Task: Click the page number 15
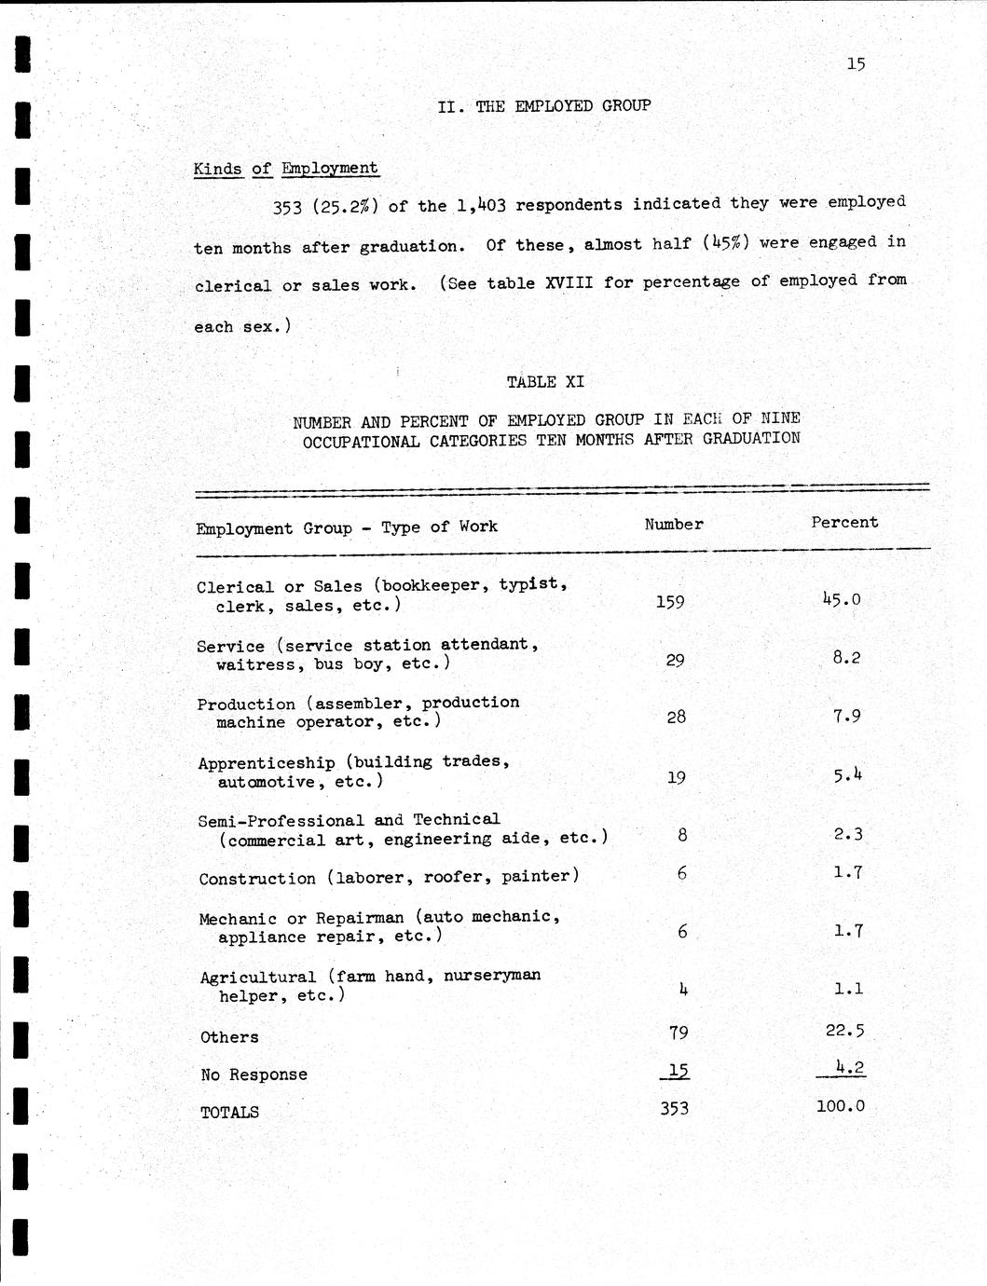pyautogui.click(x=856, y=63)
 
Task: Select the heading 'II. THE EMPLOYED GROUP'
pyautogui.click(x=544, y=105)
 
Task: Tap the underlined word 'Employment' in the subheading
pyautogui.click(x=330, y=169)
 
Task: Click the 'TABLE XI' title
pyautogui.click(x=545, y=382)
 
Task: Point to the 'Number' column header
pyautogui.click(x=674, y=525)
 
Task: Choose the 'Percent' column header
pyautogui.click(x=844, y=523)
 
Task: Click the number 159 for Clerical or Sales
pyautogui.click(x=670, y=602)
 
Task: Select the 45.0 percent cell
pyautogui.click(x=842, y=599)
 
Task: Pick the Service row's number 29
pyautogui.click(x=676, y=661)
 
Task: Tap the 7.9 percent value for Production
pyautogui.click(x=846, y=717)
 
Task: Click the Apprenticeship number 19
pyautogui.click(x=677, y=777)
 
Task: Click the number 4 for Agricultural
pyautogui.click(x=683, y=990)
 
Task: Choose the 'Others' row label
pyautogui.click(x=229, y=1037)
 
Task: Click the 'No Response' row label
pyautogui.click(x=254, y=1074)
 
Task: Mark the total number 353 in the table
pyautogui.click(x=674, y=1109)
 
